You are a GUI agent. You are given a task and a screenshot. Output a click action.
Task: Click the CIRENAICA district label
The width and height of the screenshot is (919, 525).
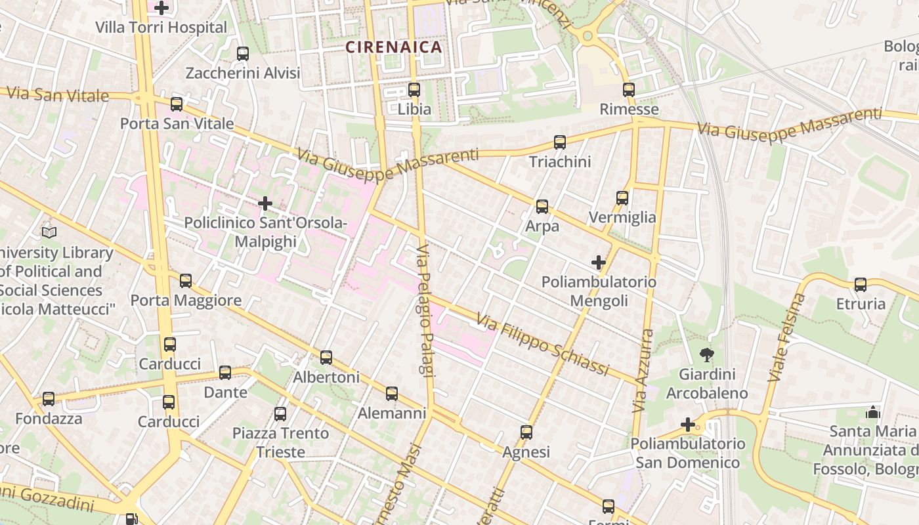pyautogui.click(x=394, y=47)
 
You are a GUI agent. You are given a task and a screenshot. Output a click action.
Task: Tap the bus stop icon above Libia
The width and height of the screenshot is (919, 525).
pyautogui.click(x=414, y=90)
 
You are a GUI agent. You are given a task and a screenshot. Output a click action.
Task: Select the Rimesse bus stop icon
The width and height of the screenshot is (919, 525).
pyautogui.click(x=629, y=90)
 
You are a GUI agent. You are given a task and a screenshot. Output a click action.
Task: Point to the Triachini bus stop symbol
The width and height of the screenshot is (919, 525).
pyautogui.click(x=559, y=142)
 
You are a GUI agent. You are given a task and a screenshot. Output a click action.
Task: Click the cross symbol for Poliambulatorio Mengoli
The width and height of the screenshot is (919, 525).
pyautogui.click(x=598, y=263)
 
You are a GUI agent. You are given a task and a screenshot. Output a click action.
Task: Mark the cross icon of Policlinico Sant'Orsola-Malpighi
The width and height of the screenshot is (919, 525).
pyautogui.click(x=265, y=203)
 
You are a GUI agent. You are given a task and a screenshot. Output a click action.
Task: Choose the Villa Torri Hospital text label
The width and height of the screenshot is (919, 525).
pyautogui.click(x=161, y=28)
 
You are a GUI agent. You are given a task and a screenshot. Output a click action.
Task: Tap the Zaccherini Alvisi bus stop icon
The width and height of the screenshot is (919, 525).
pyautogui.click(x=243, y=54)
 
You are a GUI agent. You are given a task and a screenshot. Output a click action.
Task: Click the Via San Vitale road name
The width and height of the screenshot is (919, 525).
pyautogui.click(x=58, y=94)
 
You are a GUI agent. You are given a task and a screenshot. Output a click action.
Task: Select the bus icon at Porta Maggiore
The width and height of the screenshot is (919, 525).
pyautogui.click(x=186, y=281)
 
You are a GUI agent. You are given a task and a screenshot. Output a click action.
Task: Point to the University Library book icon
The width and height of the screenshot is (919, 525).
pyautogui.click(x=49, y=232)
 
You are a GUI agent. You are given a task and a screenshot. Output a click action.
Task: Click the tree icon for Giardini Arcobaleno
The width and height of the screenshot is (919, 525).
pyautogui.click(x=707, y=356)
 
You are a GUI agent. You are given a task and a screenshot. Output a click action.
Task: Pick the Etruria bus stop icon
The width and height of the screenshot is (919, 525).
pyautogui.click(x=861, y=285)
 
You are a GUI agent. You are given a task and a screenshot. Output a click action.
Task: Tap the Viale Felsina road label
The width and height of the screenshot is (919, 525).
pyautogui.click(x=786, y=338)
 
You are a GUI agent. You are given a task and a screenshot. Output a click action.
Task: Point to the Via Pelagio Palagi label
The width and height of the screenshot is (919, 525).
pyautogui.click(x=425, y=311)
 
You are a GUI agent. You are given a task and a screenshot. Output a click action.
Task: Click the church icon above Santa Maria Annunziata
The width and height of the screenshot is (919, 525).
pyautogui.click(x=873, y=412)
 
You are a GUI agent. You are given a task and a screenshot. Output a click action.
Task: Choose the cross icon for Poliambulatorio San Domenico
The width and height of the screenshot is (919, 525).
pyautogui.click(x=688, y=425)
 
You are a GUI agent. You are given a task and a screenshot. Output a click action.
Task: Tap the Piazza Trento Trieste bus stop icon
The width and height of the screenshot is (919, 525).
pyautogui.click(x=280, y=414)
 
